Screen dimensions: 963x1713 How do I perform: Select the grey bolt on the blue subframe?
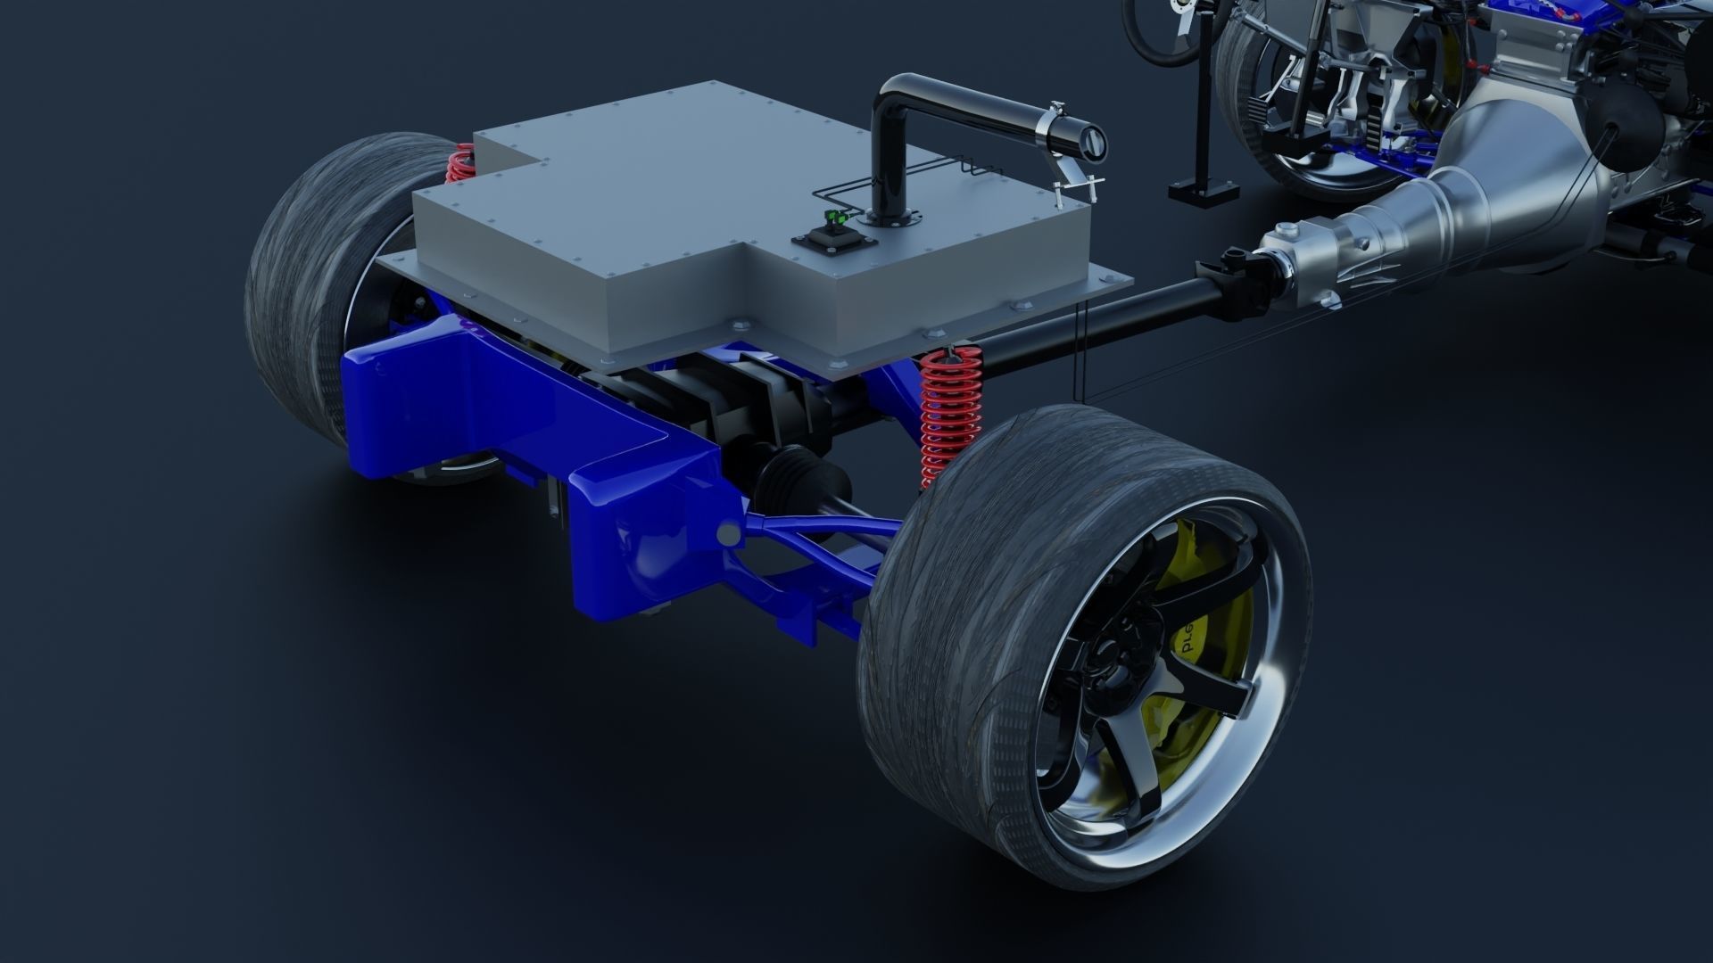click(729, 533)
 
